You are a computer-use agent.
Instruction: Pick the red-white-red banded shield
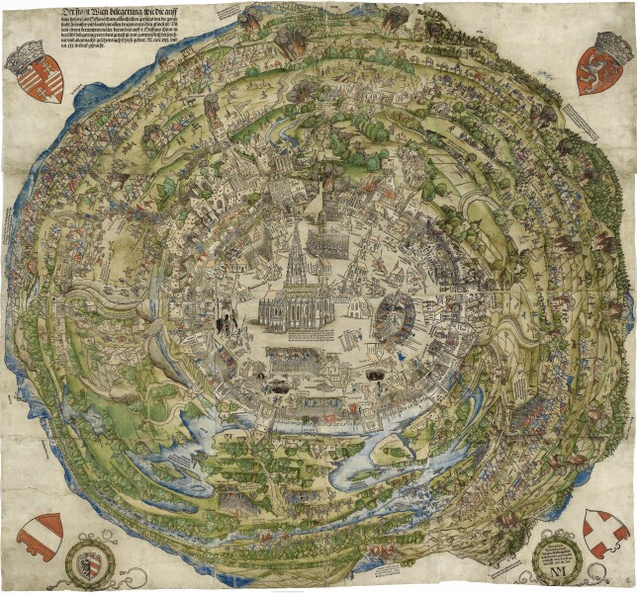(41, 535)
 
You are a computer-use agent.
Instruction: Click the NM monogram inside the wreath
(557, 568)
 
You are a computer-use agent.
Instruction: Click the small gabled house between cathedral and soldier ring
(351, 316)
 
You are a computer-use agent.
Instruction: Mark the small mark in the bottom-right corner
(623, 583)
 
